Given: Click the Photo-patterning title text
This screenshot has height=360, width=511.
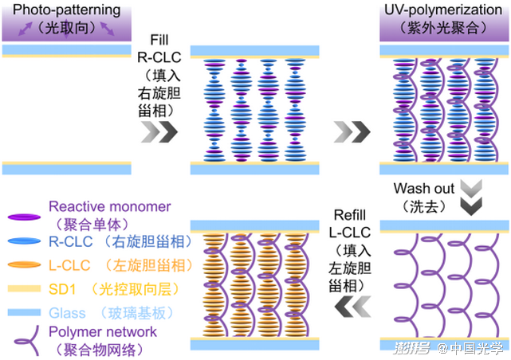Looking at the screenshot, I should point(65,11).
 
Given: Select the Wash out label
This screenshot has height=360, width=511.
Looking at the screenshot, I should point(423,190).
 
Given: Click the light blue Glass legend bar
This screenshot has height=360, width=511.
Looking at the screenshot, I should point(22,313).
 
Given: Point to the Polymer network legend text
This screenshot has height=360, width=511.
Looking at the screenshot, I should point(103,331).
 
